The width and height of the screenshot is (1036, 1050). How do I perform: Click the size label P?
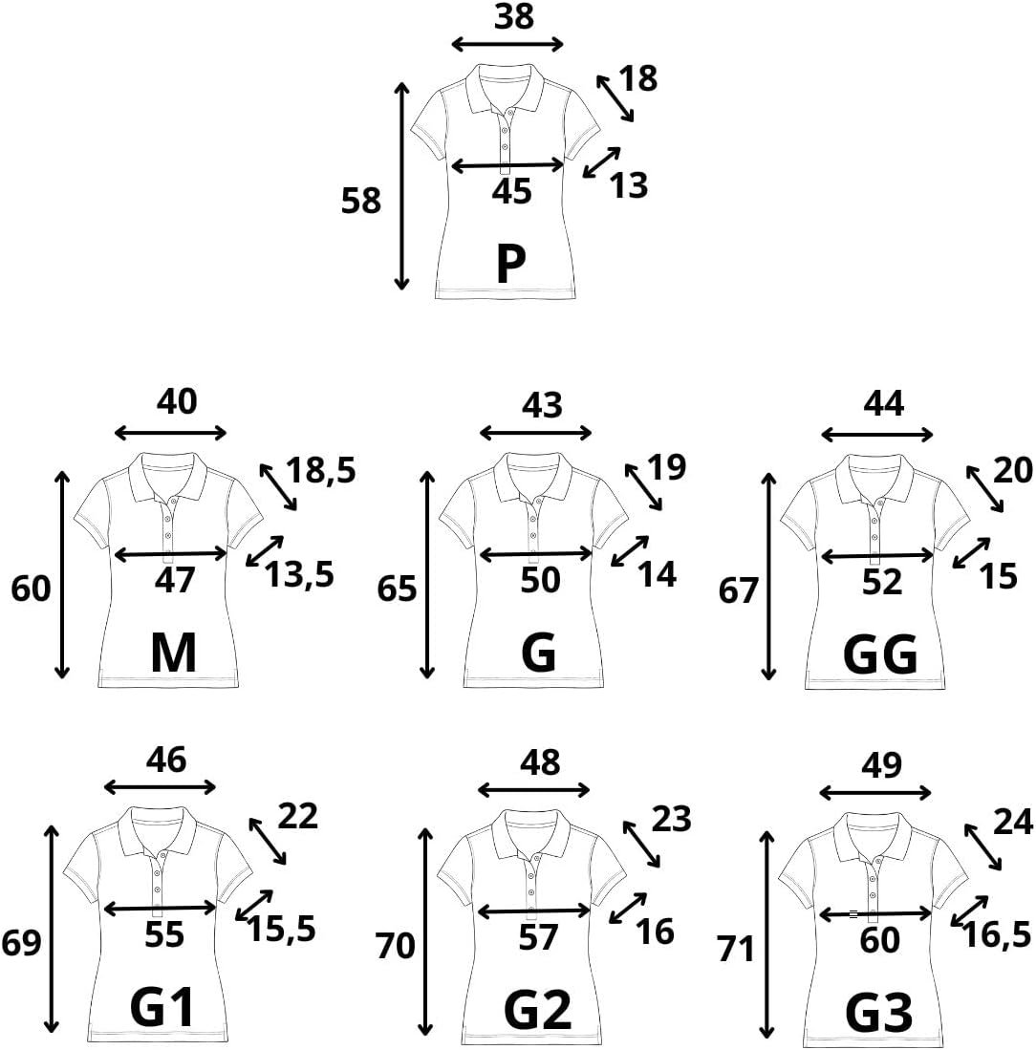point(511,265)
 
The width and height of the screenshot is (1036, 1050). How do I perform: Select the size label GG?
point(880,655)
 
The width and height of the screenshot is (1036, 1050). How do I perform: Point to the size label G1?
point(162,1008)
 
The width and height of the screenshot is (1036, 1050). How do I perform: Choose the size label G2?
point(538,1008)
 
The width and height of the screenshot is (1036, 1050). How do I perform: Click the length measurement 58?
point(361,201)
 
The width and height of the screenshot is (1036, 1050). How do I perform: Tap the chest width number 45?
point(511,192)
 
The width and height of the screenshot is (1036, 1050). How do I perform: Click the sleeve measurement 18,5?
point(320,470)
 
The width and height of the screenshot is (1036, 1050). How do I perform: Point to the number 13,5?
point(300,575)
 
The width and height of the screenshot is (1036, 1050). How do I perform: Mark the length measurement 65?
point(397,589)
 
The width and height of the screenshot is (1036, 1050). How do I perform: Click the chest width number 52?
point(881,582)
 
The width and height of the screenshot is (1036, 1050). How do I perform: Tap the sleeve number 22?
point(297,817)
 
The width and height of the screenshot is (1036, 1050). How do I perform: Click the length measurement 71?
point(736,949)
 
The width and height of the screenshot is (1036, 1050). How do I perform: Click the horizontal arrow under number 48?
point(533,789)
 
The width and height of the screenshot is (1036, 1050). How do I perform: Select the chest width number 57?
point(538,938)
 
